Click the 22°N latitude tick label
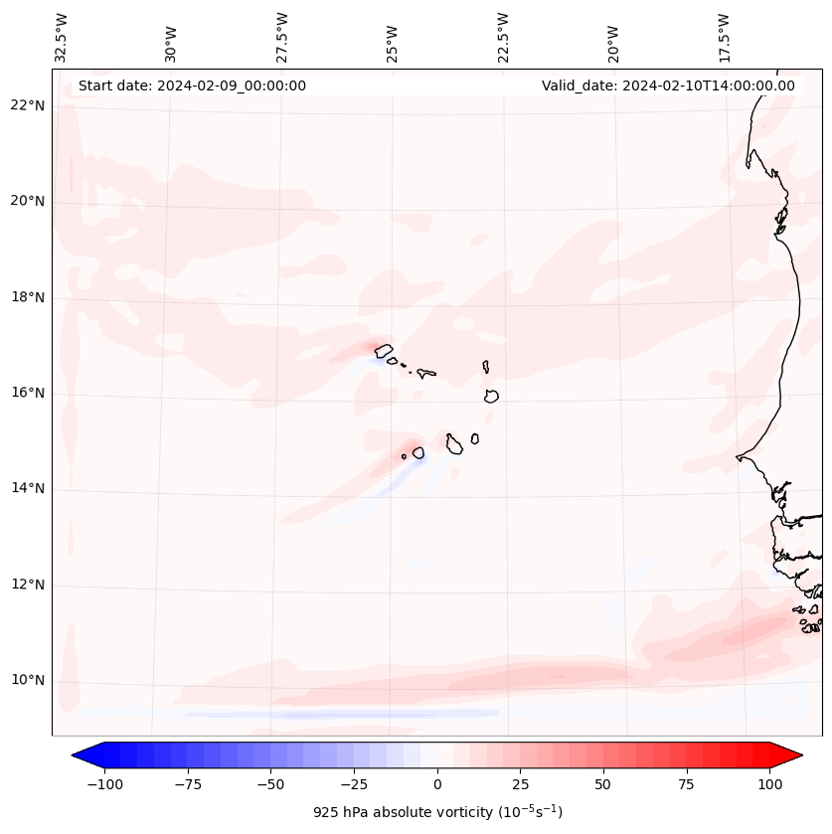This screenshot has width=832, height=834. click(x=29, y=105)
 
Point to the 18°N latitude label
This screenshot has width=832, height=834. click(x=29, y=297)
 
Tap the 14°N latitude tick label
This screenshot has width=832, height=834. click(x=29, y=488)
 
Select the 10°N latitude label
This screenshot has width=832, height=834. click(x=29, y=681)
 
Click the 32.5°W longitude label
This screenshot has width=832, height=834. click(x=62, y=37)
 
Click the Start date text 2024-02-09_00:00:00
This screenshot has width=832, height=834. click(x=192, y=85)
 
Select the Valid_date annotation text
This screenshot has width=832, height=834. click(x=668, y=85)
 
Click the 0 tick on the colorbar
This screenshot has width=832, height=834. click(x=437, y=784)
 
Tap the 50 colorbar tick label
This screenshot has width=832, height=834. click(x=603, y=784)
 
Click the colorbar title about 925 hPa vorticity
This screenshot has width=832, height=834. click(x=437, y=812)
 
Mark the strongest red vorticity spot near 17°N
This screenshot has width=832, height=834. click(x=382, y=349)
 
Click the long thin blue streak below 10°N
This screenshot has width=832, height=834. click(x=338, y=714)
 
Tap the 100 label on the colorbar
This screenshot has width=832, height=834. click(x=768, y=784)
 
